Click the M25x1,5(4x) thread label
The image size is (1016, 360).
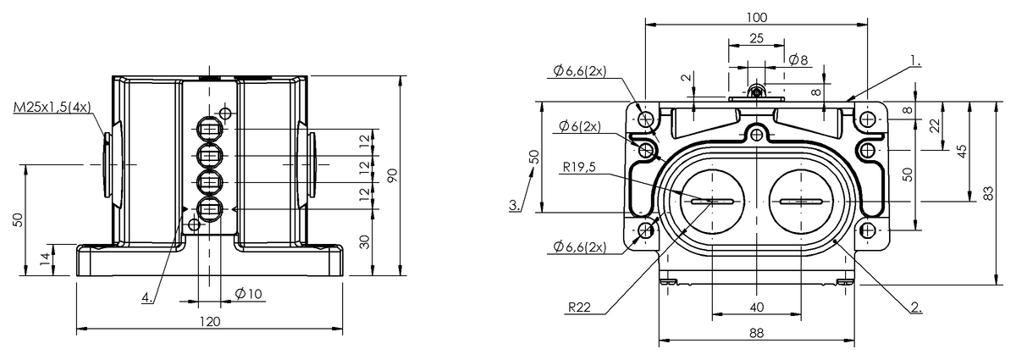click(x=52, y=107)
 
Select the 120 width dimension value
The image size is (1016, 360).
click(x=210, y=321)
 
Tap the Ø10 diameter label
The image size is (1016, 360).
click(x=249, y=294)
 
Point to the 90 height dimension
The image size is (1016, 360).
click(x=392, y=175)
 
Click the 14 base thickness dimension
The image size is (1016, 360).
click(x=44, y=259)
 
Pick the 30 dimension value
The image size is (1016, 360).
click(x=364, y=241)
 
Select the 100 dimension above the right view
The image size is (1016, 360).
click(x=757, y=18)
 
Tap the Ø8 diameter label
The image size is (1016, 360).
click(x=798, y=59)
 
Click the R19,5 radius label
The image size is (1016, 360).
click(x=579, y=167)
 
